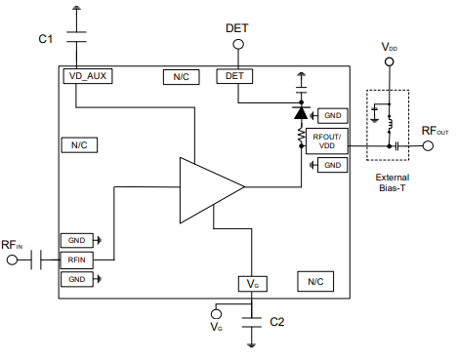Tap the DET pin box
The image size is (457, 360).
pyautogui.click(x=234, y=75)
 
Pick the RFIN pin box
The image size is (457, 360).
pyautogui.click(x=76, y=260)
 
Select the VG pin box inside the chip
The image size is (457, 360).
pyautogui.click(x=253, y=283)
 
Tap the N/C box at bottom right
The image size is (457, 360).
pyautogui.click(x=314, y=282)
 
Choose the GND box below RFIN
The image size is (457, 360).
pyautogui.click(x=76, y=279)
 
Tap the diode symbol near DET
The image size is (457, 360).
pyautogui.click(x=301, y=113)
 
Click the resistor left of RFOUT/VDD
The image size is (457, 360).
pyautogui.click(x=301, y=139)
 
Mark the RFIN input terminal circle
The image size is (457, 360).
pyautogui.click(x=14, y=260)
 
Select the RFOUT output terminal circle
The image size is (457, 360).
pyautogui.click(x=428, y=146)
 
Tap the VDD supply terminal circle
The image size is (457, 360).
pyautogui.click(x=390, y=62)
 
